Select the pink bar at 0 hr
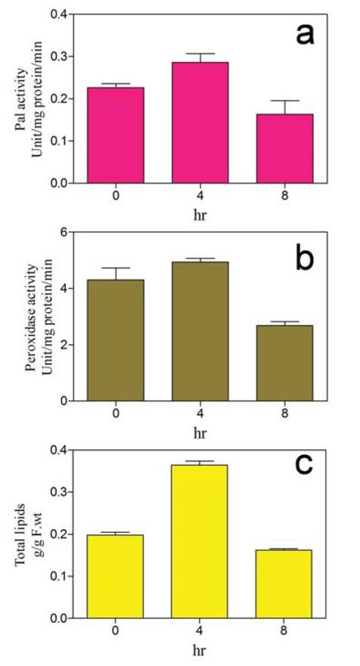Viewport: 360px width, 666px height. pos(116,135)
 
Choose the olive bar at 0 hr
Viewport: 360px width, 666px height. pos(116,340)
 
